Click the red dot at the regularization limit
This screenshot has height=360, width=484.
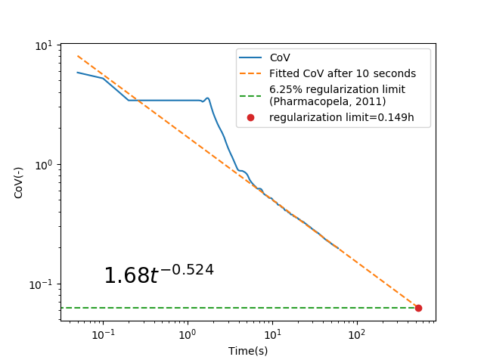pyautogui.click(x=418, y=308)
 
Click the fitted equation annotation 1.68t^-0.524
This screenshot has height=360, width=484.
pyautogui.click(x=158, y=275)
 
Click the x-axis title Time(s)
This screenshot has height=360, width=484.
pyautogui.click(x=248, y=351)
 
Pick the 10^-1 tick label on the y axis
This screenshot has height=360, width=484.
pyautogui.click(x=42, y=284)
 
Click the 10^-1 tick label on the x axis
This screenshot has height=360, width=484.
pyautogui.click(x=102, y=334)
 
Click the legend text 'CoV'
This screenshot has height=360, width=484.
pyautogui.click(x=280, y=57)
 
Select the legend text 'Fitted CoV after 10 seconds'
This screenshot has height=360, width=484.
pyautogui.click(x=343, y=73)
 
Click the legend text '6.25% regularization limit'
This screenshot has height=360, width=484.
pyautogui.click(x=337, y=89)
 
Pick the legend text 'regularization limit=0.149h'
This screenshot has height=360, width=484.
pyautogui.click(x=341, y=117)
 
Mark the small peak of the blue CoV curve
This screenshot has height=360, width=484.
pyautogui.click(x=207, y=98)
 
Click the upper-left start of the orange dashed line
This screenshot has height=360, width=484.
pyautogui.click(x=78, y=56)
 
